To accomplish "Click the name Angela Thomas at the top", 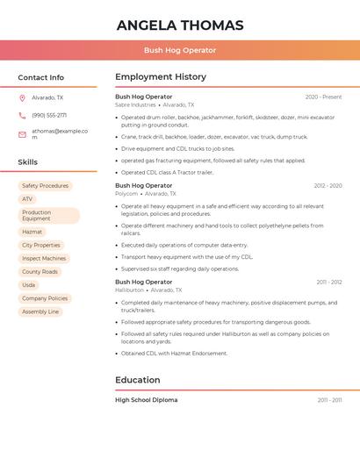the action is [180, 25].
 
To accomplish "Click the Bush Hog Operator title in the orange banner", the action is [180, 50].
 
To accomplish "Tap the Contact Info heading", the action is [40, 77].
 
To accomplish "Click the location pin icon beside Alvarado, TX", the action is [22, 98].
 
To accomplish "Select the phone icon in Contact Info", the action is [22, 116].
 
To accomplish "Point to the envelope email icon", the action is [22, 134].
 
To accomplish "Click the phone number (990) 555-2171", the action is [49, 116].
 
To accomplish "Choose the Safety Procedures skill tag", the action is [45, 186].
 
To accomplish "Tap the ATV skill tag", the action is [27, 199].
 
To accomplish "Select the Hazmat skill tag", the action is [32, 232].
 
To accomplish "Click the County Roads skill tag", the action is [40, 272].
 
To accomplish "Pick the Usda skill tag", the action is [29, 285].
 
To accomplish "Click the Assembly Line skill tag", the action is [40, 311].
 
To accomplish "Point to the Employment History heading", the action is [161, 77].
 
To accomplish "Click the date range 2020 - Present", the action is [323, 97].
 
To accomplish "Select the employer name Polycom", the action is [126, 194].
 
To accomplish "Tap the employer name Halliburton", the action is [129, 290].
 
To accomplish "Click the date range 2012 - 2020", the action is [328, 186].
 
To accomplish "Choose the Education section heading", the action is [138, 380].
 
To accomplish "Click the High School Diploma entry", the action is [146, 400].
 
